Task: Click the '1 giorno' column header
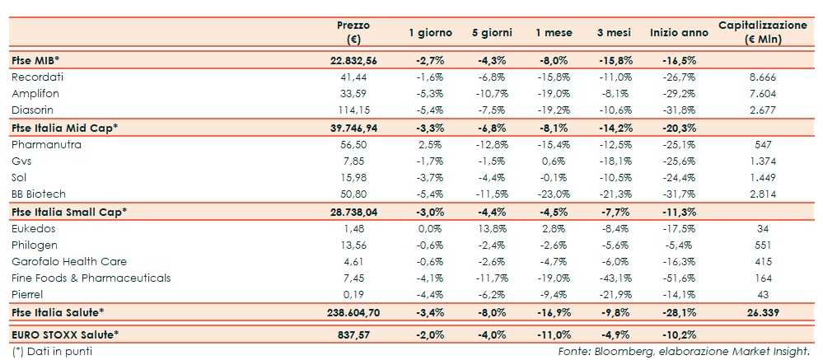click(430, 33)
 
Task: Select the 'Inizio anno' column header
click(678, 33)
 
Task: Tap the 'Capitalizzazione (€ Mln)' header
click(762, 32)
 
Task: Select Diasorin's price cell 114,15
click(351, 110)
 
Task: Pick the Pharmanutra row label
click(44, 143)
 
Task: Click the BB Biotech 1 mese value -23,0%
click(553, 194)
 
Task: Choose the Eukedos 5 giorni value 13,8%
click(492, 227)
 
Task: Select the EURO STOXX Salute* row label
click(66, 334)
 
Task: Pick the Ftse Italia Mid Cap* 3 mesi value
click(614, 127)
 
